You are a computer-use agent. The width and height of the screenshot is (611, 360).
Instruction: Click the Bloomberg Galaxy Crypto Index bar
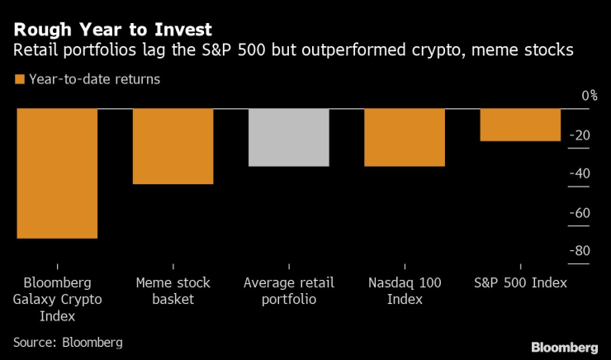[x=58, y=173]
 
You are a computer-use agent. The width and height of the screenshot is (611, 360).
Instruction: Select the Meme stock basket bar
[x=173, y=146]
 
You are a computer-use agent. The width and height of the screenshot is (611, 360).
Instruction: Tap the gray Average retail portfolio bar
[x=289, y=138]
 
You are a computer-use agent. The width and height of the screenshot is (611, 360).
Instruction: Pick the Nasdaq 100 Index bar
[x=405, y=138]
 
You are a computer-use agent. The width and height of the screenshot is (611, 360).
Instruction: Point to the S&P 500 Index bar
[x=520, y=125]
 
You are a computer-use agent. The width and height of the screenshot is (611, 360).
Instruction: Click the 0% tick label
[x=589, y=96]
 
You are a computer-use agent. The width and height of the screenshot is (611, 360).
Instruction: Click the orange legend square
[x=19, y=80]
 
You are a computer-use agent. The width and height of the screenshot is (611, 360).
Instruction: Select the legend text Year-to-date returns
[x=94, y=80]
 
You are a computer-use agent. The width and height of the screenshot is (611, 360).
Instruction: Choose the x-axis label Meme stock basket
[x=173, y=291]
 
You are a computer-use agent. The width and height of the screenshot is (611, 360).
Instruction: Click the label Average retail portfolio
[x=289, y=291]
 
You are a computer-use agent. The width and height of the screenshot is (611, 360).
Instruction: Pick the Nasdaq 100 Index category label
[x=405, y=291]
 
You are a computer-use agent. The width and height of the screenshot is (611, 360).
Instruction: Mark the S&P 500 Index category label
[x=520, y=283]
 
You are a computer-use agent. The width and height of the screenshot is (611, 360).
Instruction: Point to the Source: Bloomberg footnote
[x=68, y=341]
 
